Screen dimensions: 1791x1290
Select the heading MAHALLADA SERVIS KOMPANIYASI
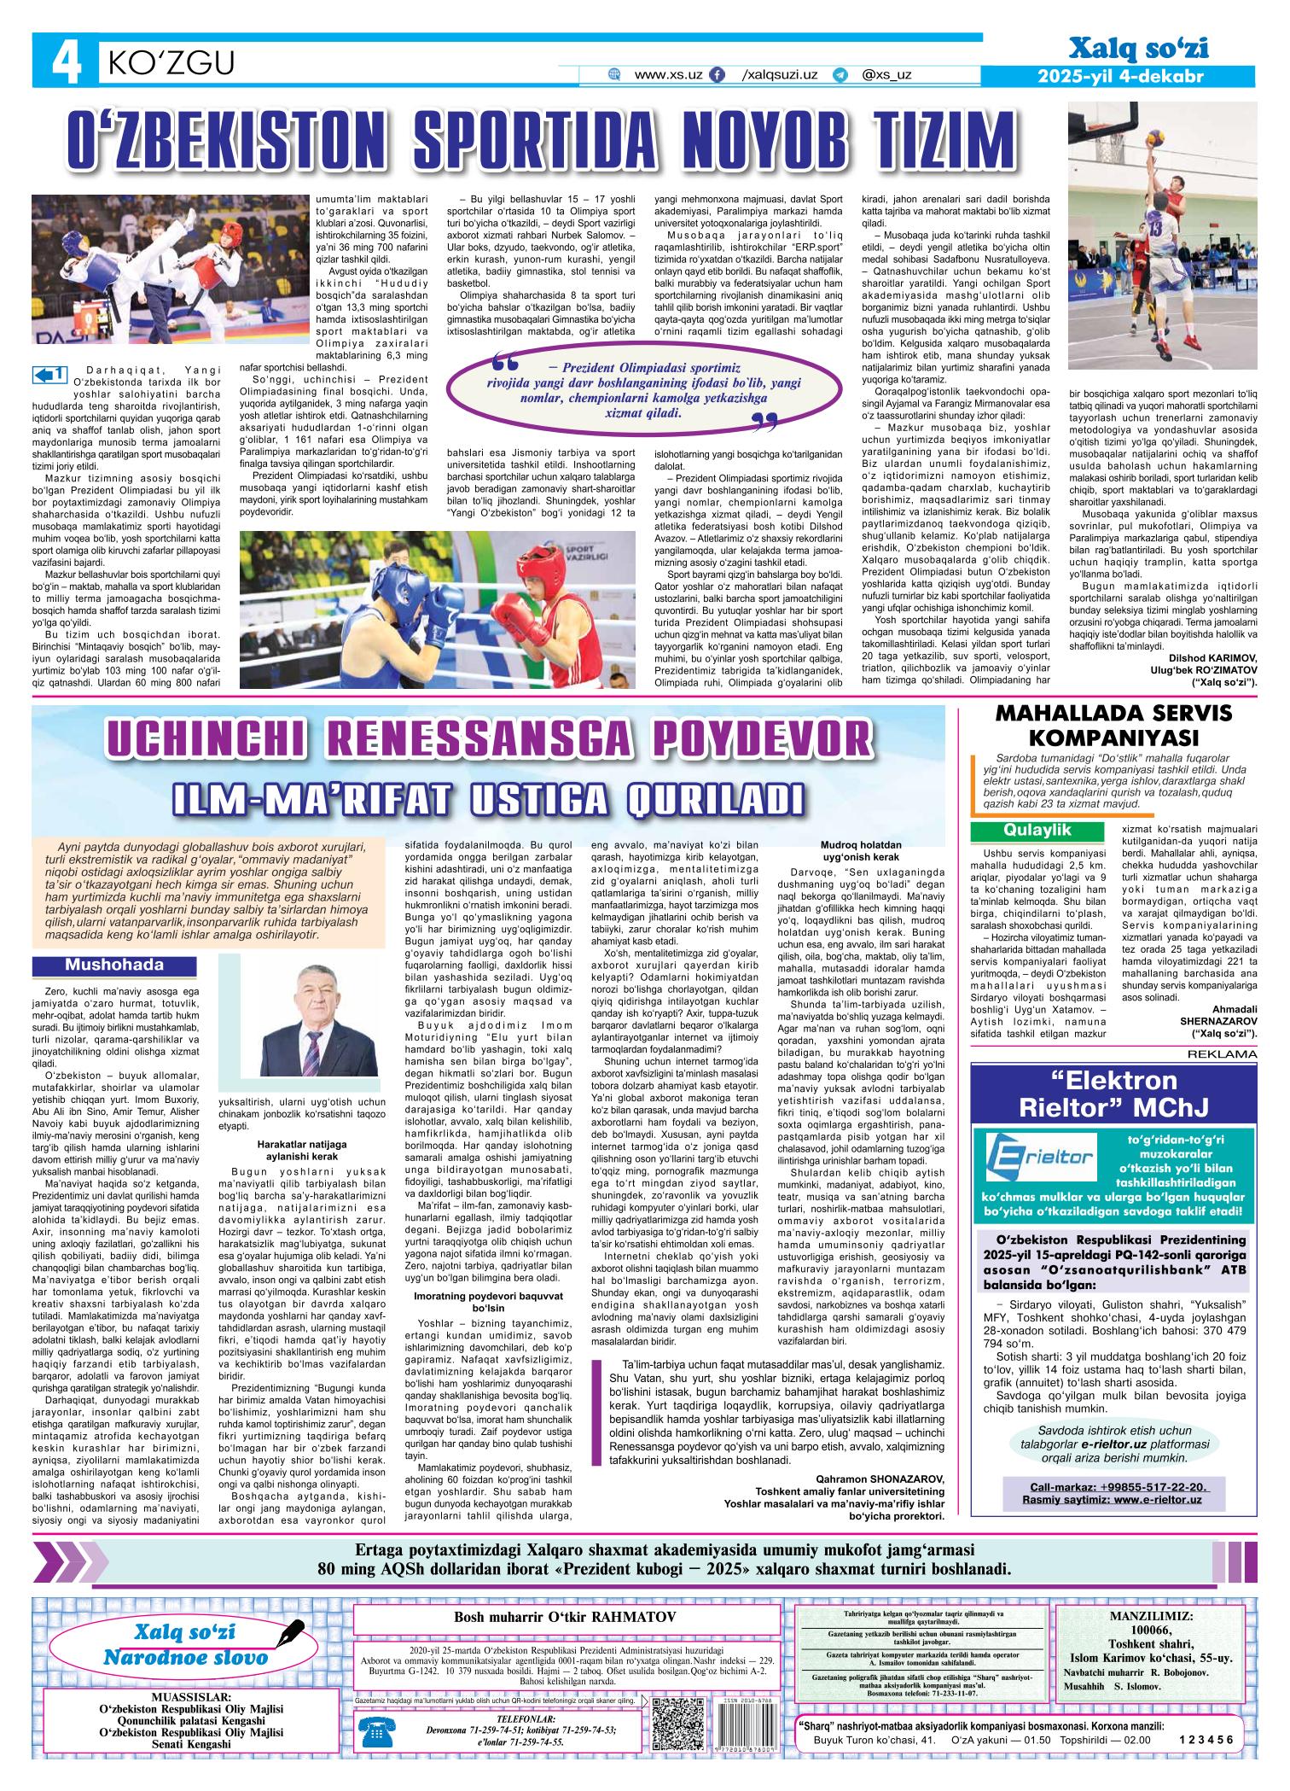[1114, 726]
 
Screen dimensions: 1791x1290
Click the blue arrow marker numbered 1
[49, 374]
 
